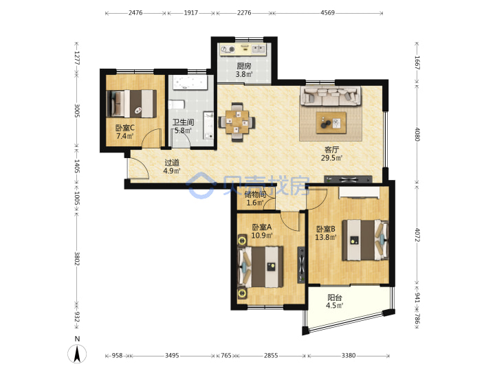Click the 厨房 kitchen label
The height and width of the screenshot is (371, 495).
coord(244,66)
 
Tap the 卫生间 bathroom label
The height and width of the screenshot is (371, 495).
coord(183,122)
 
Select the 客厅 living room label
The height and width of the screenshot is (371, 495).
coord(331,150)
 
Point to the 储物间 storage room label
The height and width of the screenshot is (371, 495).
coord(255,194)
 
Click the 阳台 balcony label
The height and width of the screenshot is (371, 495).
coord(335,297)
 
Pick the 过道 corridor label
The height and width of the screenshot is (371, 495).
coord(172,163)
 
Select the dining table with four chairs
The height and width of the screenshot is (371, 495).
coord(236,122)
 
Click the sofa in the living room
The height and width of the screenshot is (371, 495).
coord(331,97)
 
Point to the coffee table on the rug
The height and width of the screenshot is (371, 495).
coord(331,122)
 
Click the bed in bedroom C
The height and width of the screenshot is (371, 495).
coord(131,104)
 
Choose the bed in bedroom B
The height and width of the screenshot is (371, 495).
coord(366,240)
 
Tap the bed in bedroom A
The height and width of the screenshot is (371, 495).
coord(261,267)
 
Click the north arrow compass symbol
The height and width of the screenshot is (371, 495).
coord(77,353)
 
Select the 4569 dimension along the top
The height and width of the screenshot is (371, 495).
coord(328,13)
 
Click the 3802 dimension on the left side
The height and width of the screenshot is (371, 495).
coord(77,258)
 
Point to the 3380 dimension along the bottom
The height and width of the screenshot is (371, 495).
coord(349,356)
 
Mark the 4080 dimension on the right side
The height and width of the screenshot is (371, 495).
coord(417,134)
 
